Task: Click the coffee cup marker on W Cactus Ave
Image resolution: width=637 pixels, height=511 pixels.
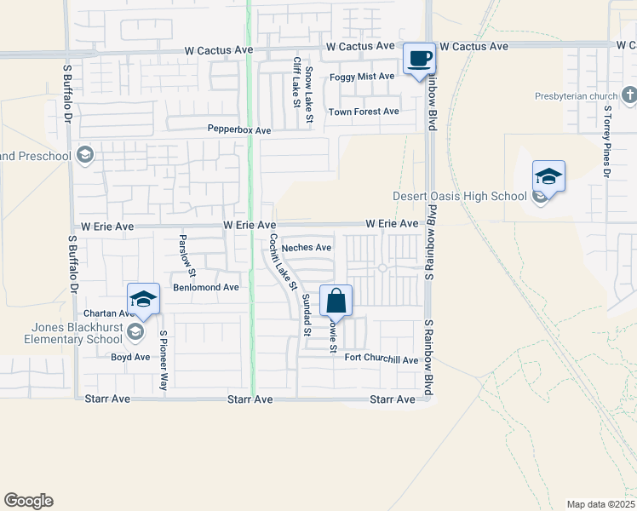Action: click(418, 59)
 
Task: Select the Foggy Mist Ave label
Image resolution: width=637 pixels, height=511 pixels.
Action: click(362, 77)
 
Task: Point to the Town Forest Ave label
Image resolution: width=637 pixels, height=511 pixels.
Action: click(364, 112)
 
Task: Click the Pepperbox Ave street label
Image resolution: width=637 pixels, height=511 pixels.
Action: click(239, 130)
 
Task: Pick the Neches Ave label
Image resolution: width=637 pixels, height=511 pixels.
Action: click(307, 248)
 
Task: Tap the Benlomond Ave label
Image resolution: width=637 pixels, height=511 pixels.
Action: click(206, 288)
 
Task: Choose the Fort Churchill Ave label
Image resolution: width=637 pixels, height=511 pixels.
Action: click(382, 359)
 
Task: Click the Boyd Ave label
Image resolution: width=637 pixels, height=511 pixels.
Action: click(130, 357)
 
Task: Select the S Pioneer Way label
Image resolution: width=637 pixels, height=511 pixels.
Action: click(164, 361)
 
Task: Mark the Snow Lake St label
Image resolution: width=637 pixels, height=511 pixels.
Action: click(310, 94)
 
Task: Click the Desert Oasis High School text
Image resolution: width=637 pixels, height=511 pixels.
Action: click(460, 197)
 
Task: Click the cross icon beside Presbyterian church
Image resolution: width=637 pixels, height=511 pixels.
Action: click(628, 95)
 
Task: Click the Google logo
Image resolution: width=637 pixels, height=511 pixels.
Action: click(28, 501)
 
